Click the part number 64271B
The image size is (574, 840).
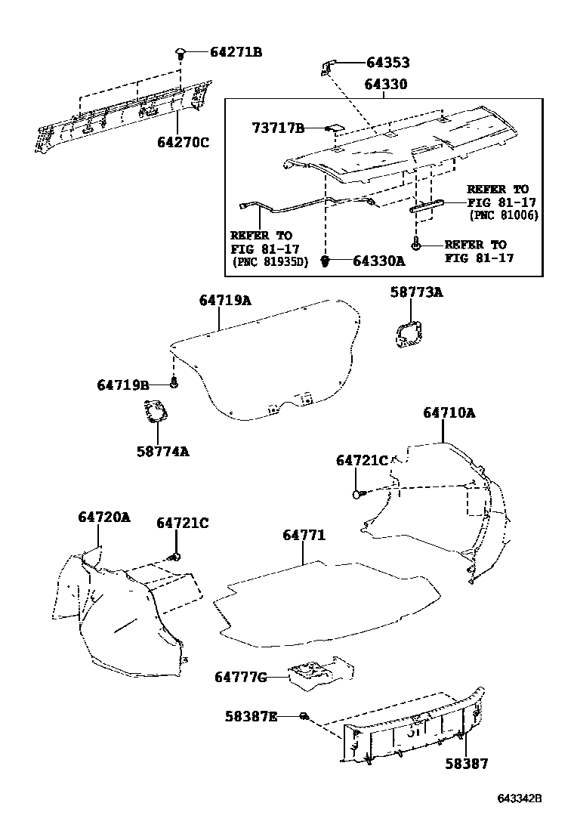(x=236, y=52)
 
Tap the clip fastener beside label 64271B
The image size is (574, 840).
(x=181, y=53)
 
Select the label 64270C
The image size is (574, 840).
(x=183, y=141)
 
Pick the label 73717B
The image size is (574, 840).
(x=277, y=129)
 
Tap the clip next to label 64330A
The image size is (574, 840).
(x=327, y=261)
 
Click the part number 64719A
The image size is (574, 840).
(x=225, y=300)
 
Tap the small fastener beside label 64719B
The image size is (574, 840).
(x=174, y=383)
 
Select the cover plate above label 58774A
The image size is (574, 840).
(x=156, y=413)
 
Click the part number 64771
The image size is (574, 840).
(x=304, y=535)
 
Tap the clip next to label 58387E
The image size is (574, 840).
(x=304, y=715)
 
